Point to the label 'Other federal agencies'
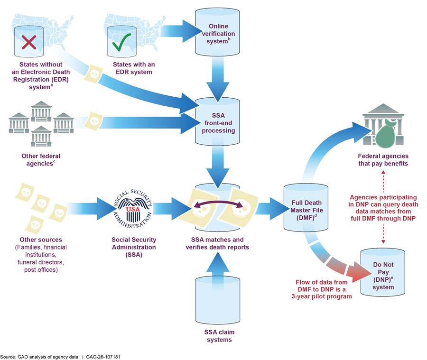[41, 159]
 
